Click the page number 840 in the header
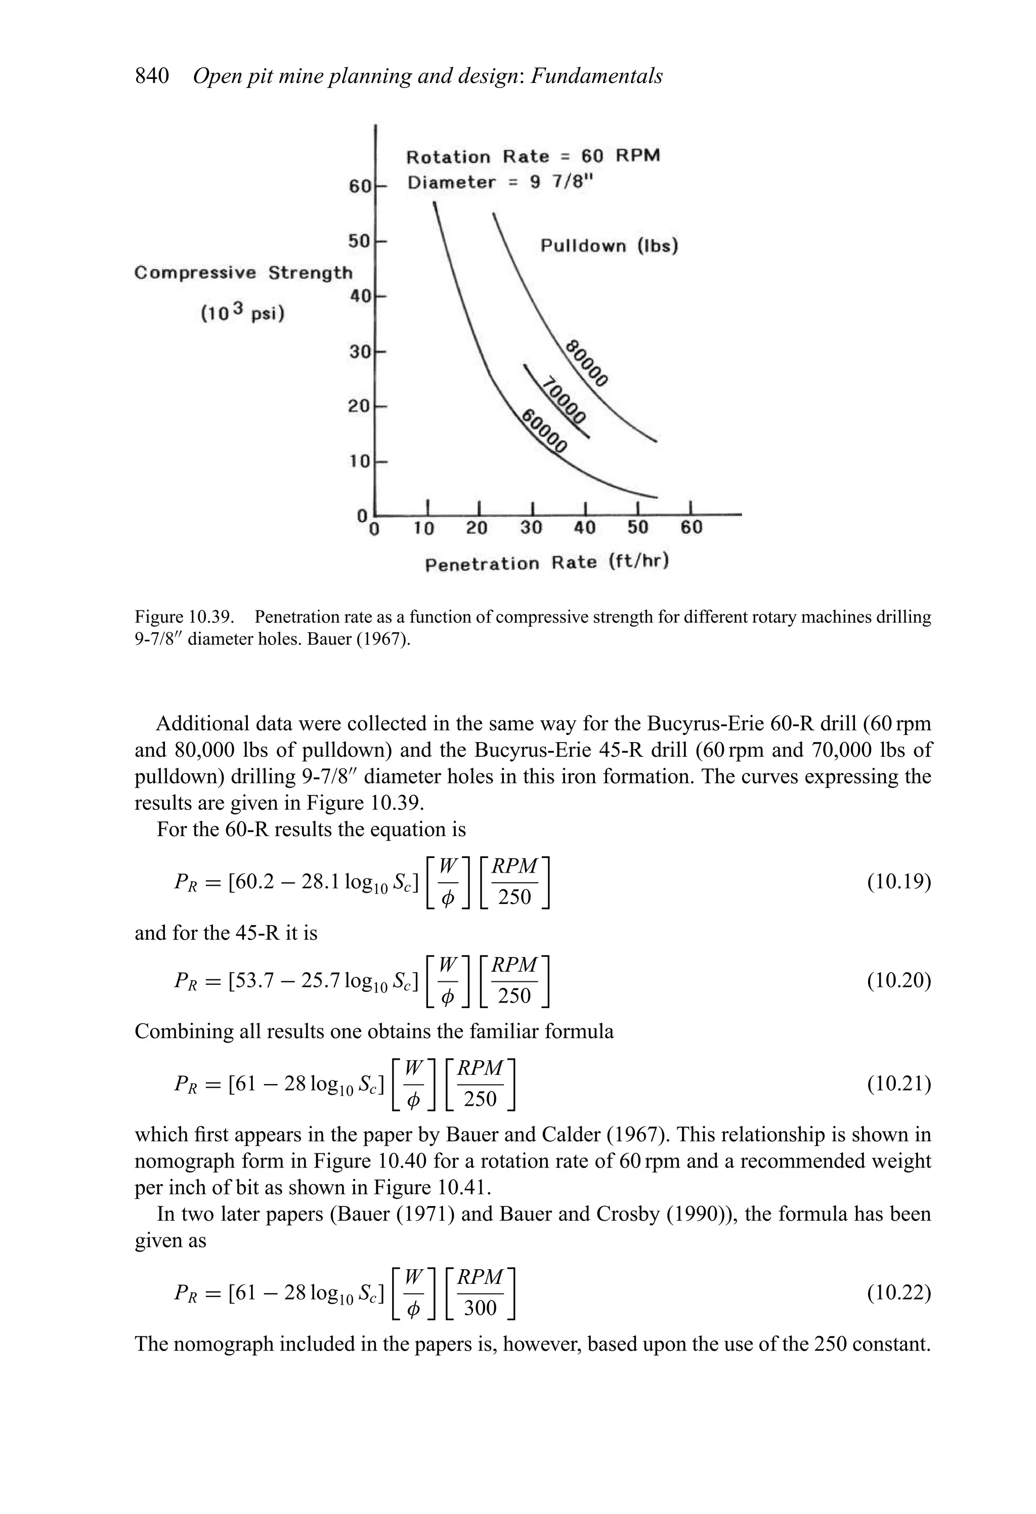(x=152, y=76)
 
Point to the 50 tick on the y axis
(x=359, y=241)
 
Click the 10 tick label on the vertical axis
(x=359, y=462)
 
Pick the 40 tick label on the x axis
(x=584, y=528)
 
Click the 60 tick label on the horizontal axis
(x=692, y=528)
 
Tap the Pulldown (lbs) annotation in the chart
(x=609, y=246)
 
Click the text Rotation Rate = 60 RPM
(x=532, y=156)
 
